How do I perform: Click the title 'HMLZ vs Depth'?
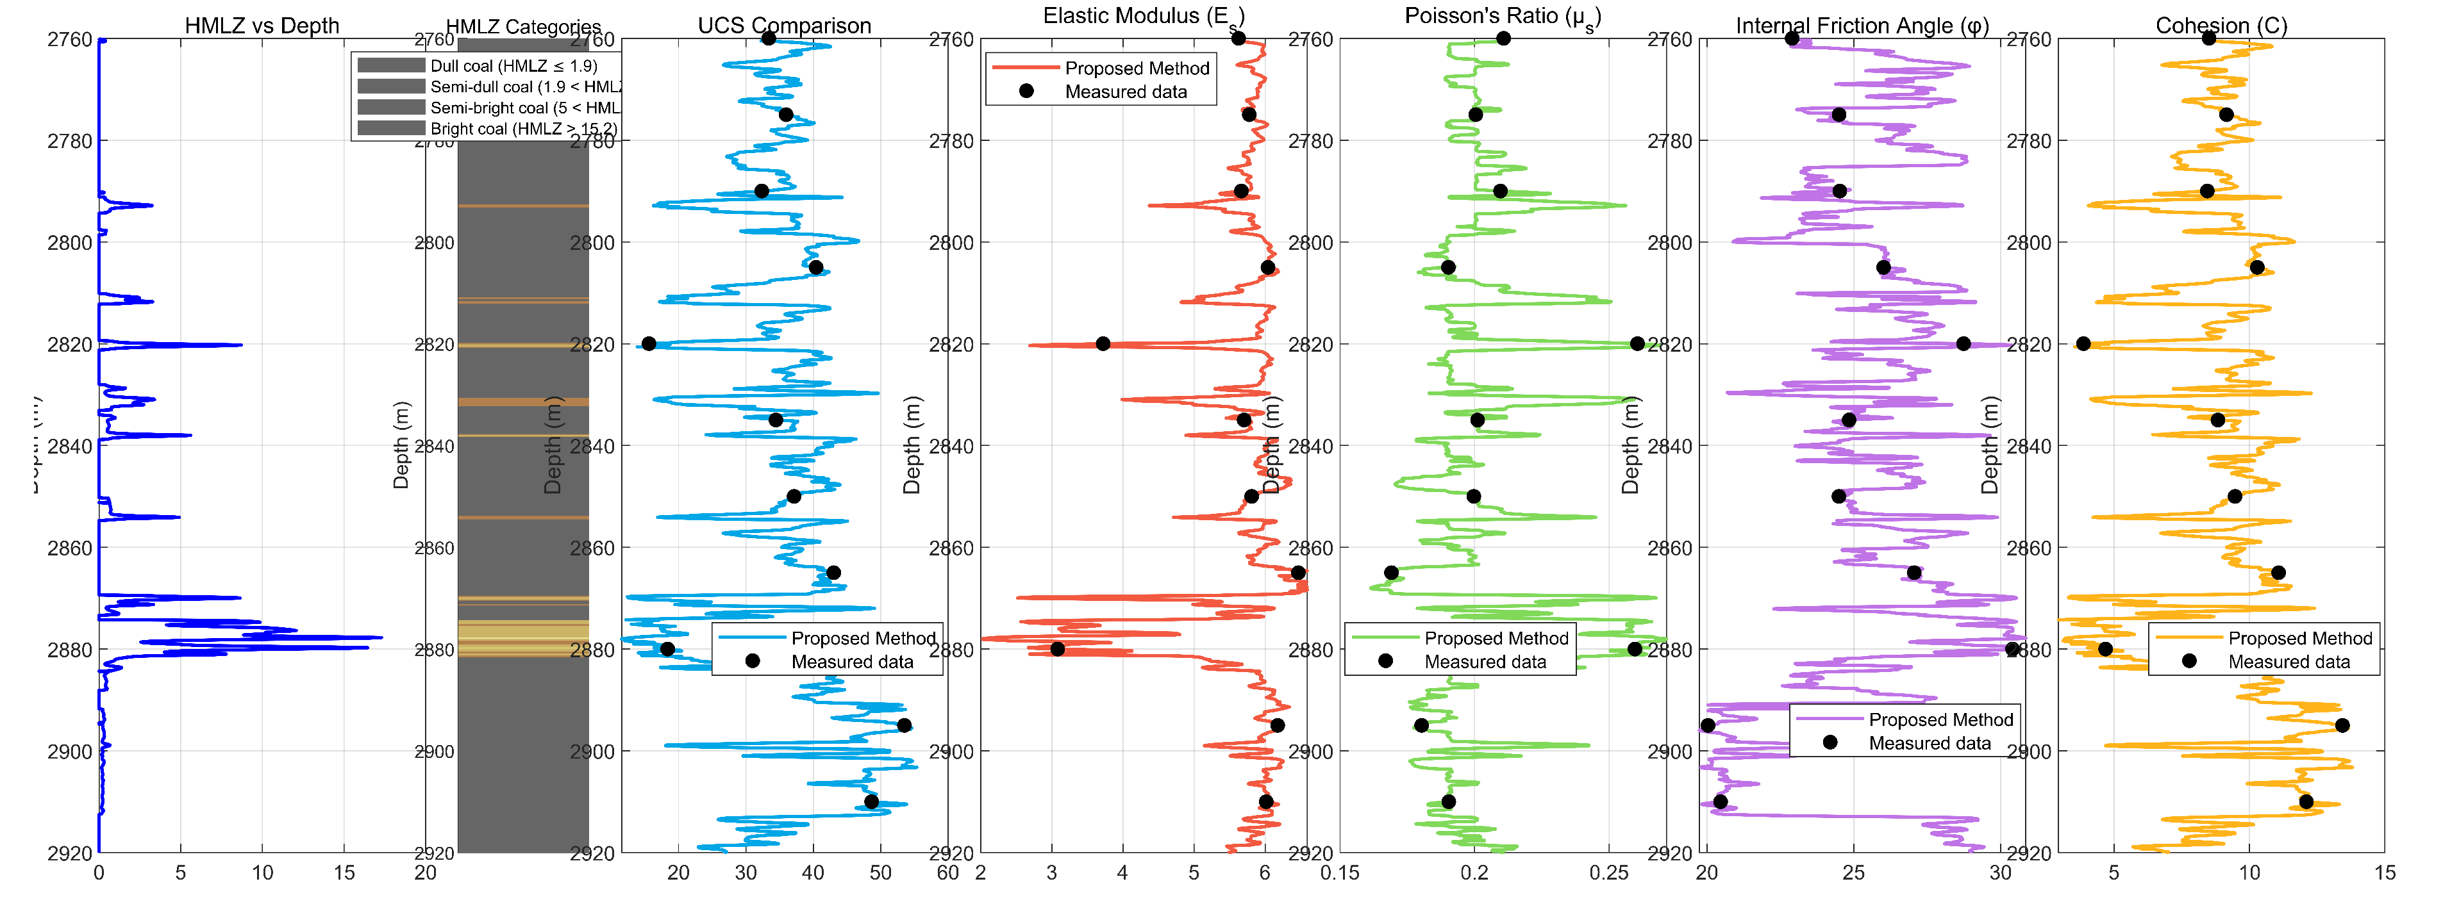(262, 26)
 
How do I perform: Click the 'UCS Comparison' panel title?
(784, 26)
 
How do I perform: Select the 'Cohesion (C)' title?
(2221, 26)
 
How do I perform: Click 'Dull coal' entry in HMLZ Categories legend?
(513, 65)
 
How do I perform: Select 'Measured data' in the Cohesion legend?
(2289, 662)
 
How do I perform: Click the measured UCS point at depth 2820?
(649, 343)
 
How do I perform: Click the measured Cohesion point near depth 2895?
(2342, 725)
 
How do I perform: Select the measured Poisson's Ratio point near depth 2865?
(1391, 573)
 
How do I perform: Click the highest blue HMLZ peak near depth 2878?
(381, 637)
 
